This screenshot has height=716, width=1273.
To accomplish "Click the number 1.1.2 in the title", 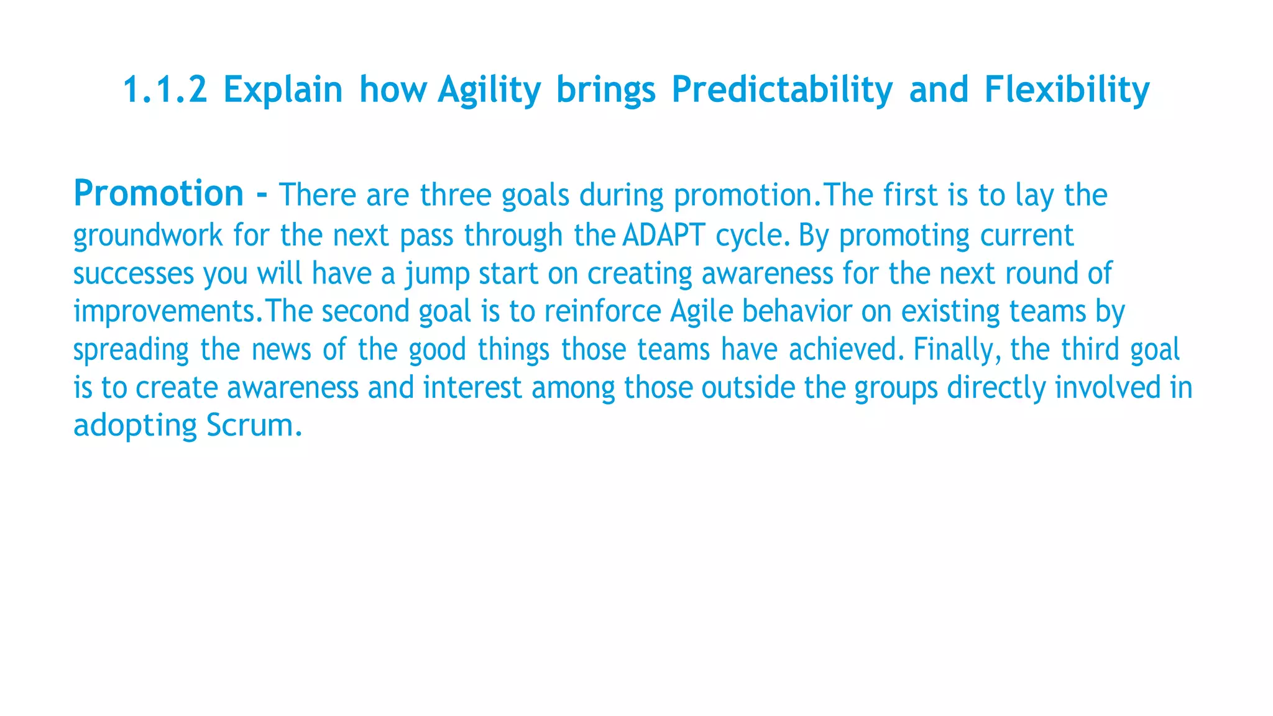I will (165, 89).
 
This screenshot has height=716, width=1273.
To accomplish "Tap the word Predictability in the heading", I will (782, 89).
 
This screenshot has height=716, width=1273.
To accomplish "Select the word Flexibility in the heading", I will (1067, 89).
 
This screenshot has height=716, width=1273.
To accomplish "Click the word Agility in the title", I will (489, 89).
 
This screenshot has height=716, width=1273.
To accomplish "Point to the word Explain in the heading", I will (283, 89).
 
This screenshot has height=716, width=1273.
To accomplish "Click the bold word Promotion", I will (159, 193).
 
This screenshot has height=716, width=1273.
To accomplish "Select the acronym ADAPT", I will (663, 236).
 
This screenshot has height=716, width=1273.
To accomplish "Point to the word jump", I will (437, 274).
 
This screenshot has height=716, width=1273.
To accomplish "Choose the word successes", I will (134, 274).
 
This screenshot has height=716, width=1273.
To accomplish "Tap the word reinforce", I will (602, 311).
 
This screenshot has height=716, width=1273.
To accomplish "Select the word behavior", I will (797, 311).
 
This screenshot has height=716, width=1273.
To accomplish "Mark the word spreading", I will (131, 350).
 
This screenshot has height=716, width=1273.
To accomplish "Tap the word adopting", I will (135, 427).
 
